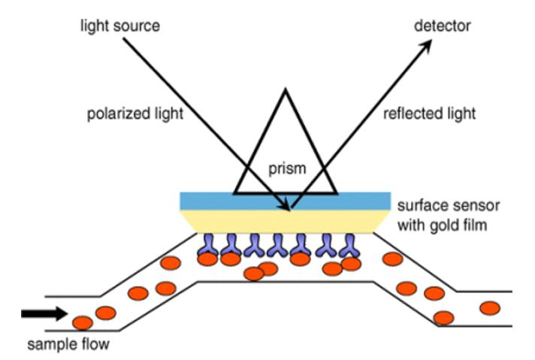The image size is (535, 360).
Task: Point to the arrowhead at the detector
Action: click(428, 45)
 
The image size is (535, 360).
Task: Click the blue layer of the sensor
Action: click(225, 201)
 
